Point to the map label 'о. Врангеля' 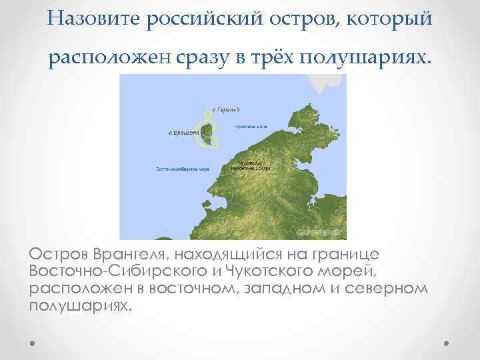(x=183, y=133)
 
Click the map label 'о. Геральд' (x=225, y=109)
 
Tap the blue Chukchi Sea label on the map (x=250, y=126)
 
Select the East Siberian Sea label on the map (x=183, y=169)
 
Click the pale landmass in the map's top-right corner (x=329, y=83)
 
